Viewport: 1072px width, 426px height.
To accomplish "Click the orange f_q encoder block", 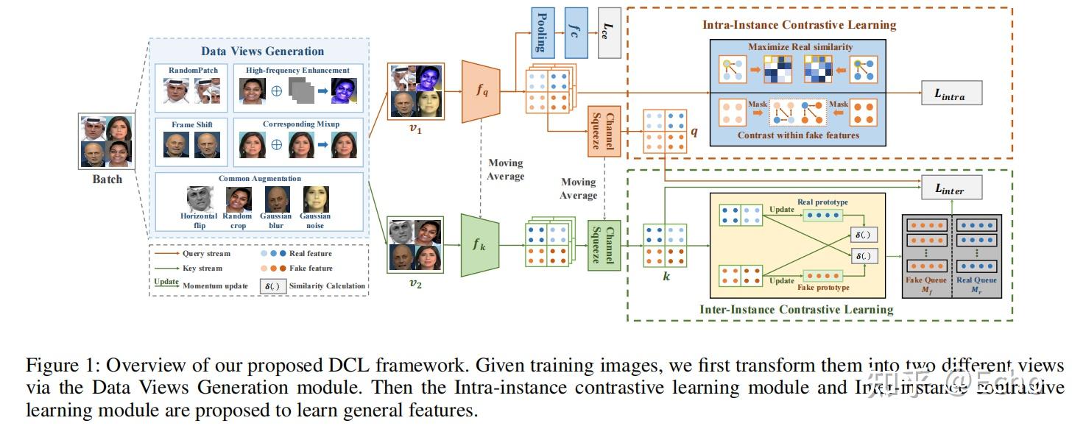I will [481, 91].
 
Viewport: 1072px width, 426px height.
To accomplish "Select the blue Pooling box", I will [541, 33].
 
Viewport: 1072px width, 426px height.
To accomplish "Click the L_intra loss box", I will [951, 93].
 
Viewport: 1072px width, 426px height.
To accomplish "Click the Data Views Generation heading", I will [262, 52].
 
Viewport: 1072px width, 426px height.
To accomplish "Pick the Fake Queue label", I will [927, 280].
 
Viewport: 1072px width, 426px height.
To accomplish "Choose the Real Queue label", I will [976, 280].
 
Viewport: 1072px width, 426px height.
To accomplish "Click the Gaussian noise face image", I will [315, 199].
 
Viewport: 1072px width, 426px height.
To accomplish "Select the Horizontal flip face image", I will [200, 199].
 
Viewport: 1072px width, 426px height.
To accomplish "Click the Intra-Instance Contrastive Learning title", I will [798, 25].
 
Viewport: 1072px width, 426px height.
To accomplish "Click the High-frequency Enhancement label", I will [297, 71].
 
